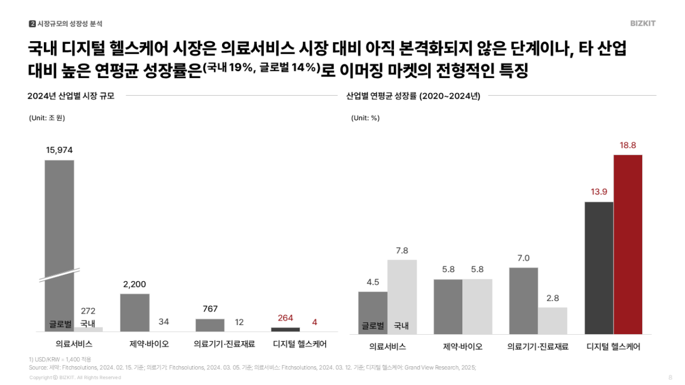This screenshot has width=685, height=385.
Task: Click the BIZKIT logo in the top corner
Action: point(643,23)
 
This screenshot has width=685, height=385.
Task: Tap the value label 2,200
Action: point(135,283)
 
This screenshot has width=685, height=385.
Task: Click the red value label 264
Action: point(285,318)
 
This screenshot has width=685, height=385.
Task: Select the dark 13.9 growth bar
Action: point(599,268)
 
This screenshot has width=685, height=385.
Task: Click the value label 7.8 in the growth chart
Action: point(402,250)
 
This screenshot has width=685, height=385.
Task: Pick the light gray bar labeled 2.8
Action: point(553,321)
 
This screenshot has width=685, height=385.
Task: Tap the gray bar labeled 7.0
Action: point(523,301)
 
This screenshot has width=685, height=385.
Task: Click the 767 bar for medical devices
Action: point(210,325)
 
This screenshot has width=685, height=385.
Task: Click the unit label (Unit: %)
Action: point(365,118)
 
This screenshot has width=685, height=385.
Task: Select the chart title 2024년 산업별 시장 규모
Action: point(71,96)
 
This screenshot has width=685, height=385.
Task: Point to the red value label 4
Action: point(315,322)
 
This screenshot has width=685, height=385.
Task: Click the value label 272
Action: point(88,311)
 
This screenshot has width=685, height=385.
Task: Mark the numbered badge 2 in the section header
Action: point(32,23)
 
